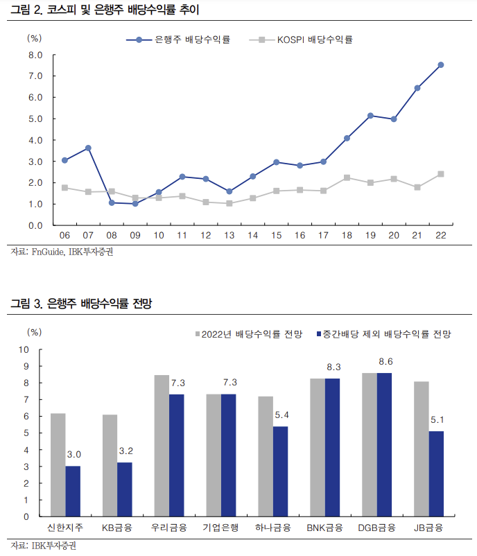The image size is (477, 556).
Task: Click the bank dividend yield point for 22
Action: pyautogui.click(x=441, y=65)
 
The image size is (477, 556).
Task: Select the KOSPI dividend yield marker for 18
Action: pyautogui.click(x=347, y=177)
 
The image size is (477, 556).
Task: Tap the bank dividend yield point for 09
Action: pyautogui.click(x=135, y=204)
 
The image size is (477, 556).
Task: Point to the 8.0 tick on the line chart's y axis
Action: pyautogui.click(x=36, y=55)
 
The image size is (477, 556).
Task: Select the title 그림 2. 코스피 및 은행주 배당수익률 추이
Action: pyautogui.click(x=107, y=10)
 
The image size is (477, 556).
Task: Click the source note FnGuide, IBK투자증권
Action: pyautogui.click(x=62, y=252)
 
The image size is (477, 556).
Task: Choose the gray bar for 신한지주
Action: pyautogui.click(x=58, y=464)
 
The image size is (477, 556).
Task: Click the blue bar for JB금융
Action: pyautogui.click(x=436, y=474)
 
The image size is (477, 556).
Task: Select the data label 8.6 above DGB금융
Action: pyautogui.click(x=385, y=362)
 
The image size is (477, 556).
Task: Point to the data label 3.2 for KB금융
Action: pyautogui.click(x=125, y=451)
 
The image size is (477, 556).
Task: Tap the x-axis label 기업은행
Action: pyautogui.click(x=220, y=528)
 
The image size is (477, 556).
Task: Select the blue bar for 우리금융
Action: pyautogui.click(x=177, y=455)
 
